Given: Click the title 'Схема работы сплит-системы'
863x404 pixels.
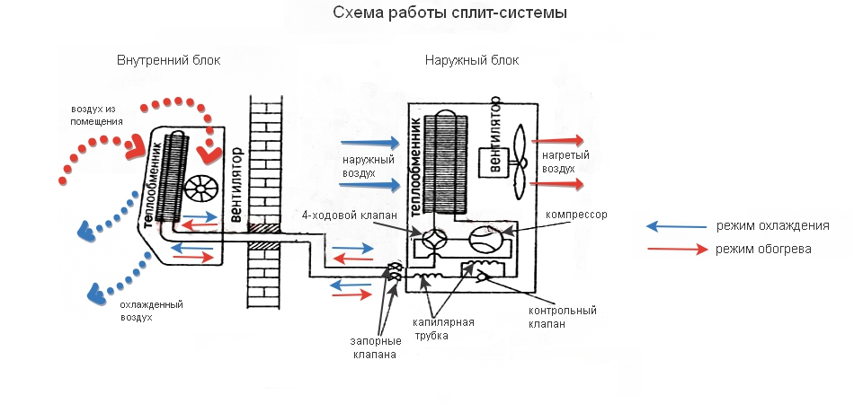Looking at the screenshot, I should click(450, 14).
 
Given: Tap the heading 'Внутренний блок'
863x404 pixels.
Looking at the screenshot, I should click(168, 60).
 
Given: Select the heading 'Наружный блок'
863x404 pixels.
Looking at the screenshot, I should click(471, 60).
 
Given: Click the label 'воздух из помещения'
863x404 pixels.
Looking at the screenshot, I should click(97, 114).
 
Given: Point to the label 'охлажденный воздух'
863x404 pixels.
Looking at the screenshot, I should click(145, 311).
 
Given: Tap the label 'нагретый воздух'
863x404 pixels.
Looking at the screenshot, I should click(565, 162).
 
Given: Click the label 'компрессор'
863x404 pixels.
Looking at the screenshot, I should click(576, 215).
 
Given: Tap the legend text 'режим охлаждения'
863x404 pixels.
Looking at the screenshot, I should click(772, 225).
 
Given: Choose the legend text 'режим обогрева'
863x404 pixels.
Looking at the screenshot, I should click(764, 249).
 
